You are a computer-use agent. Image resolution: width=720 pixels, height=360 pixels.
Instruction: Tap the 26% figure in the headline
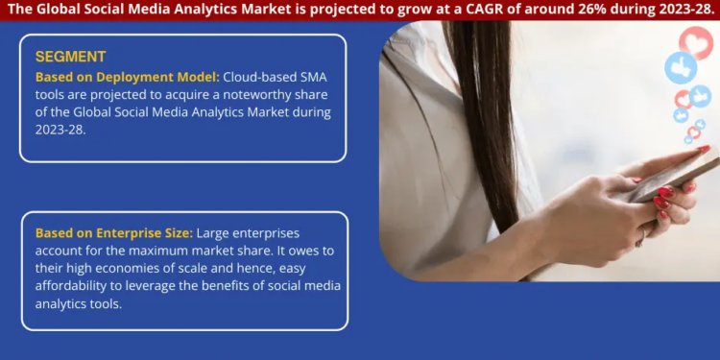tap(595, 9)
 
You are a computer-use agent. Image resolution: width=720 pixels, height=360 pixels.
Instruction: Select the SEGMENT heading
tap(70, 57)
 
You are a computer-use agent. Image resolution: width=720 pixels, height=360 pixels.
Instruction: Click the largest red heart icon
tap(696, 42)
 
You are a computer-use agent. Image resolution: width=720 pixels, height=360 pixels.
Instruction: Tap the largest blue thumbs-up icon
tap(681, 67)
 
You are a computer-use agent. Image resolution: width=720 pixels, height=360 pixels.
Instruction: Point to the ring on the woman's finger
tap(644, 233)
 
